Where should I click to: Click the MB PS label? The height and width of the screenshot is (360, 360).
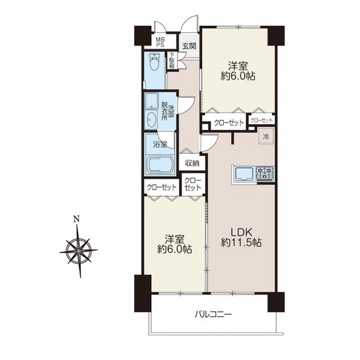click(x=160, y=43)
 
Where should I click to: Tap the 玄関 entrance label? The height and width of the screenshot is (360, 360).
click(x=189, y=46)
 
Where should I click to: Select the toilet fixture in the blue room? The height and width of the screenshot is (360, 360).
click(x=155, y=62)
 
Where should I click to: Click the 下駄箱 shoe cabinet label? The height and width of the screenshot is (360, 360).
click(x=172, y=61)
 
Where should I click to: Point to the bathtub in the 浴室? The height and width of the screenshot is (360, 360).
click(x=160, y=166)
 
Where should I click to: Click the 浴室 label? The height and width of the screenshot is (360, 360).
click(x=160, y=145)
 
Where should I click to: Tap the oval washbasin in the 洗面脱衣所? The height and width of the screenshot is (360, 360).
click(x=152, y=119)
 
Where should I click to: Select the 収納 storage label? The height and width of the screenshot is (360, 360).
click(x=192, y=163)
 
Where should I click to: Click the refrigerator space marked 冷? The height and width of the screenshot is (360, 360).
click(x=266, y=136)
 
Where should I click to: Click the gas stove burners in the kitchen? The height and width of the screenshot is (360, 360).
click(x=265, y=173)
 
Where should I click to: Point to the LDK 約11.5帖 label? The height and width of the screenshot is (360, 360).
click(x=241, y=238)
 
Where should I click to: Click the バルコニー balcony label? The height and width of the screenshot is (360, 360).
click(x=213, y=314)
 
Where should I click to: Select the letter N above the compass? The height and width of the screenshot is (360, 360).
click(x=76, y=219)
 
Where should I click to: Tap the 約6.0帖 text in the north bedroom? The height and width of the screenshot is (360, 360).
click(x=238, y=76)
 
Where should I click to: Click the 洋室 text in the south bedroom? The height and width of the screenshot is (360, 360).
click(x=175, y=239)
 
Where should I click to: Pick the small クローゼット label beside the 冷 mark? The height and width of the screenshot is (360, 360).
click(x=262, y=120)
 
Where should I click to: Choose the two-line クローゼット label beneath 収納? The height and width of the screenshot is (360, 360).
click(x=193, y=184)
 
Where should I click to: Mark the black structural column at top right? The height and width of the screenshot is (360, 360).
click(x=277, y=36)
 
